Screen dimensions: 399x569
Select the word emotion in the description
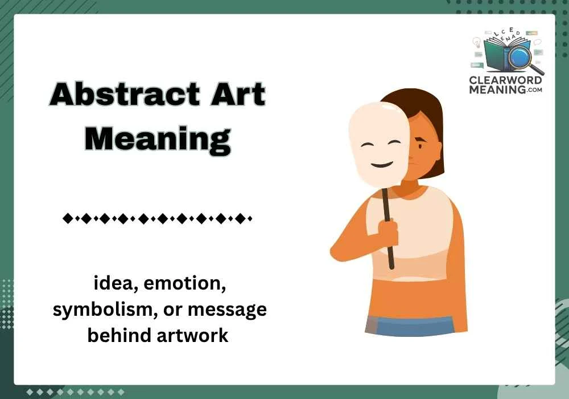coord(188,283)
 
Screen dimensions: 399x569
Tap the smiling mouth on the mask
coord(382,165)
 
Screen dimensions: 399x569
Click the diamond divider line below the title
coord(156,218)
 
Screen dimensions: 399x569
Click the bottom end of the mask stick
coord(391,266)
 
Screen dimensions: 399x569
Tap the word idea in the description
coord(113,283)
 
